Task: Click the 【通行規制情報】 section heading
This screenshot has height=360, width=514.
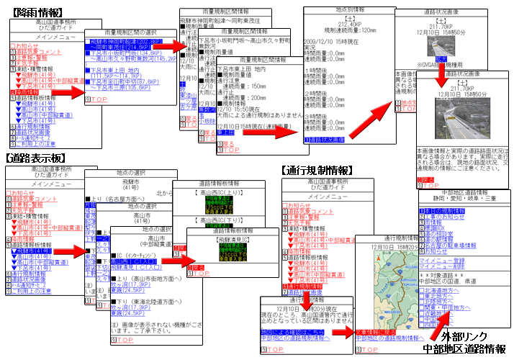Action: pyautogui.click(x=317, y=170)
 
